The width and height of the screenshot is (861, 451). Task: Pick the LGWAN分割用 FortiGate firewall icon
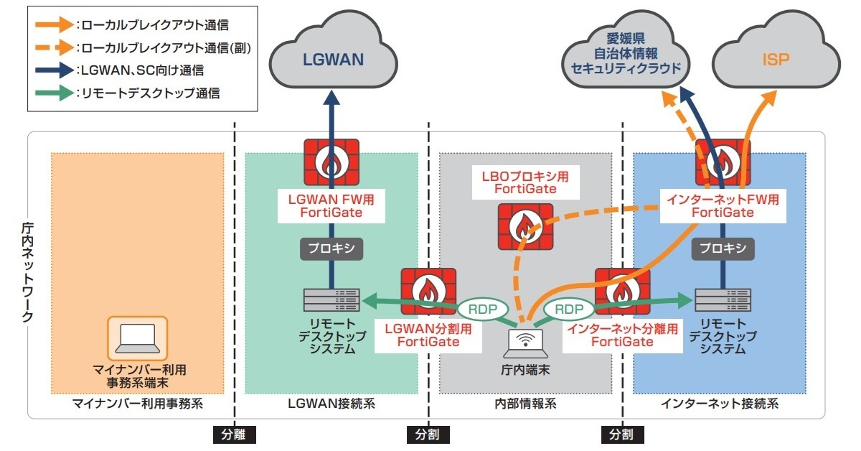[428, 291]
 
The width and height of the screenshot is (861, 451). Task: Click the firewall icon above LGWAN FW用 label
[331, 163]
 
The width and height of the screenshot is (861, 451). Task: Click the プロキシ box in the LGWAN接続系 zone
[331, 248]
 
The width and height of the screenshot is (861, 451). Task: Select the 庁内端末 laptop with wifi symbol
[528, 343]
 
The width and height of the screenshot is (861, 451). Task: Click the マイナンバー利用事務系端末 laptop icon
[137, 338]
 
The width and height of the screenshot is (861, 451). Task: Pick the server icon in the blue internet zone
[723, 300]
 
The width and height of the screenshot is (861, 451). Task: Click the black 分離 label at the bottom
[235, 434]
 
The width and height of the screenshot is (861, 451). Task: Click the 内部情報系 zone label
[527, 404]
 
